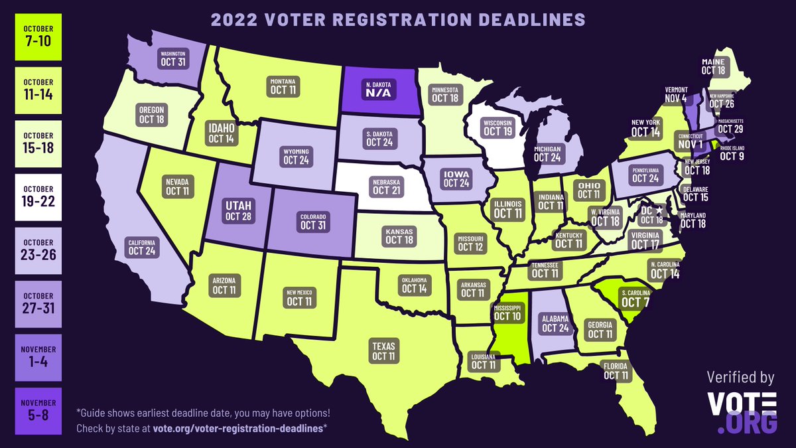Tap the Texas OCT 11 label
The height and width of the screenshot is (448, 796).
383,352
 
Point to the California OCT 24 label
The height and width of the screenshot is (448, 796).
142,247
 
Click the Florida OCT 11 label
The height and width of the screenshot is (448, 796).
616,371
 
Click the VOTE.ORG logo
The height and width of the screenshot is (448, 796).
742,411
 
